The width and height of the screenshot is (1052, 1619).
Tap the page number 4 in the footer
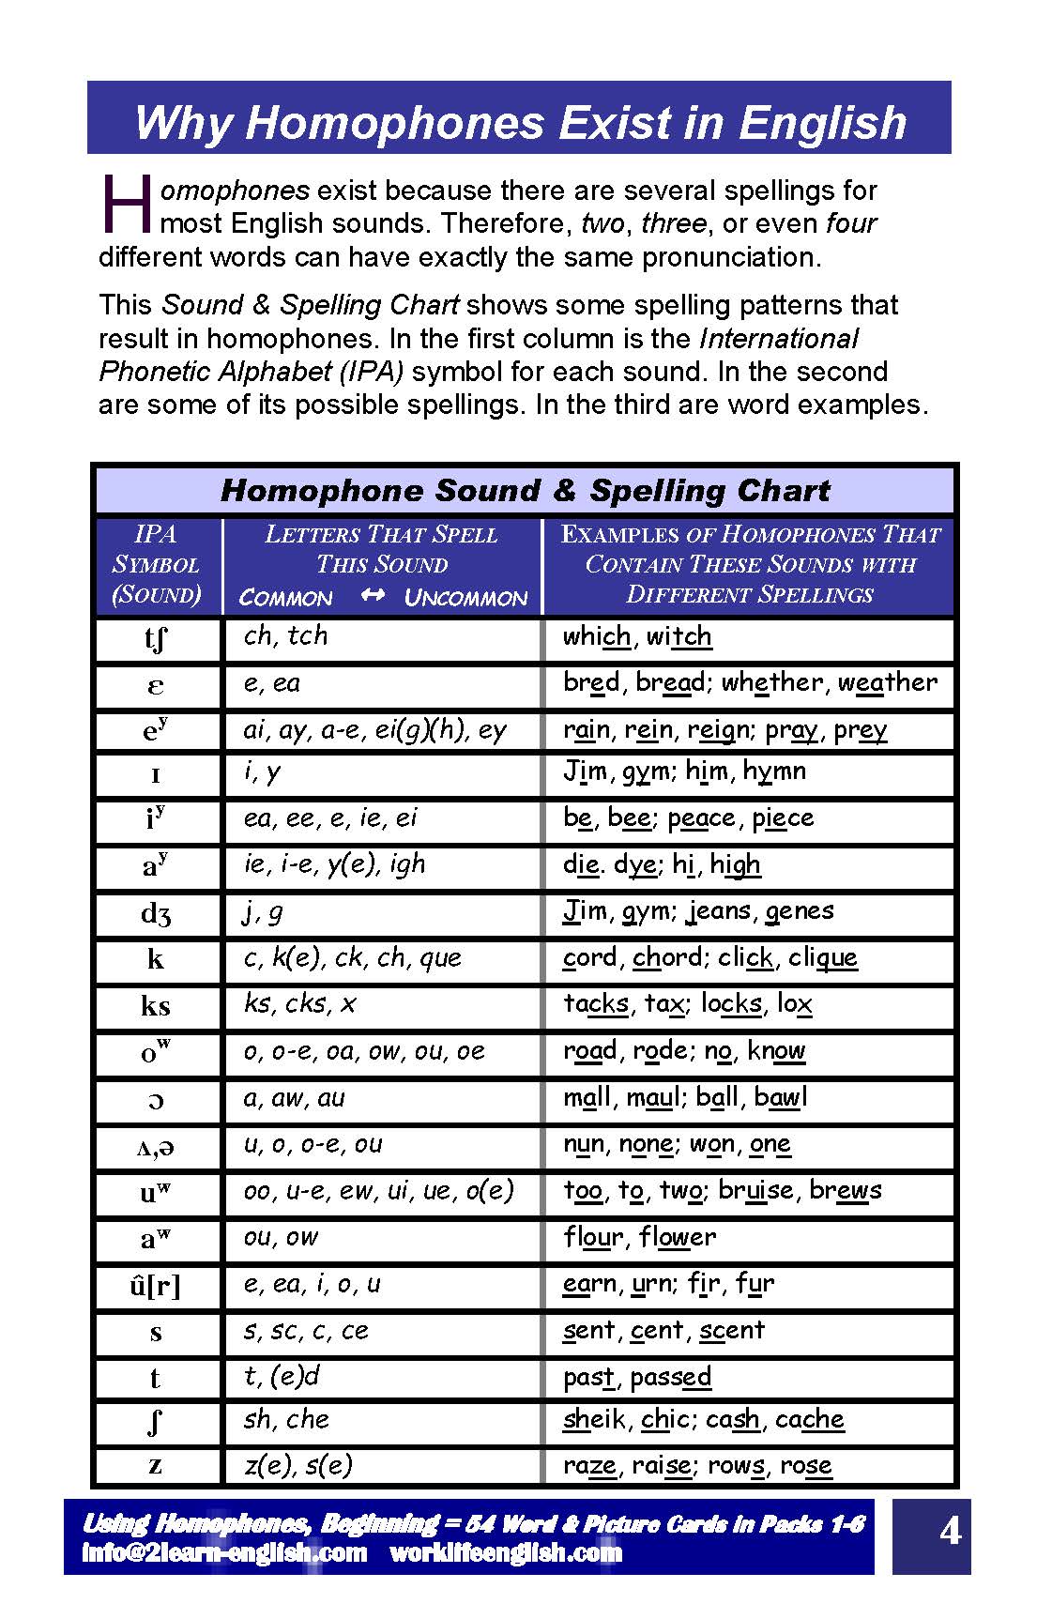point(950,1532)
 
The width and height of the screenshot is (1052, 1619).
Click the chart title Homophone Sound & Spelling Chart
point(525,490)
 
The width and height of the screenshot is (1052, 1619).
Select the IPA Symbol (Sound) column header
point(157,564)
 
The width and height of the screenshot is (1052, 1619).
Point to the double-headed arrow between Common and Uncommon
point(373,596)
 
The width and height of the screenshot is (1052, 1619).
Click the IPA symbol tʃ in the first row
point(156,640)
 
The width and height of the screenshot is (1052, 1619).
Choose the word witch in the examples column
point(678,636)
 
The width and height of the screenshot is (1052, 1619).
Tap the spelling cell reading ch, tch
point(285,636)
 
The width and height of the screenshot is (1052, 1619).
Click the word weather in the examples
point(887,682)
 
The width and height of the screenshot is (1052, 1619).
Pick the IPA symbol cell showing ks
point(156,1006)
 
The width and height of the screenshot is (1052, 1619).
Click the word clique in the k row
point(823,957)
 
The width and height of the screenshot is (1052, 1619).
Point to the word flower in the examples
point(678,1237)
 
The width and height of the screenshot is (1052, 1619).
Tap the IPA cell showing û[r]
point(156,1286)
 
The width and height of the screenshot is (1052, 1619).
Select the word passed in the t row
point(671,1377)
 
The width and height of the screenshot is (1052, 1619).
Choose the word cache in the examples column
point(810,1419)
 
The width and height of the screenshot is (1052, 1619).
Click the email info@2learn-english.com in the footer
point(224,1552)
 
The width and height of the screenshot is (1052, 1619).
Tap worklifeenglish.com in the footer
point(506,1552)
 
